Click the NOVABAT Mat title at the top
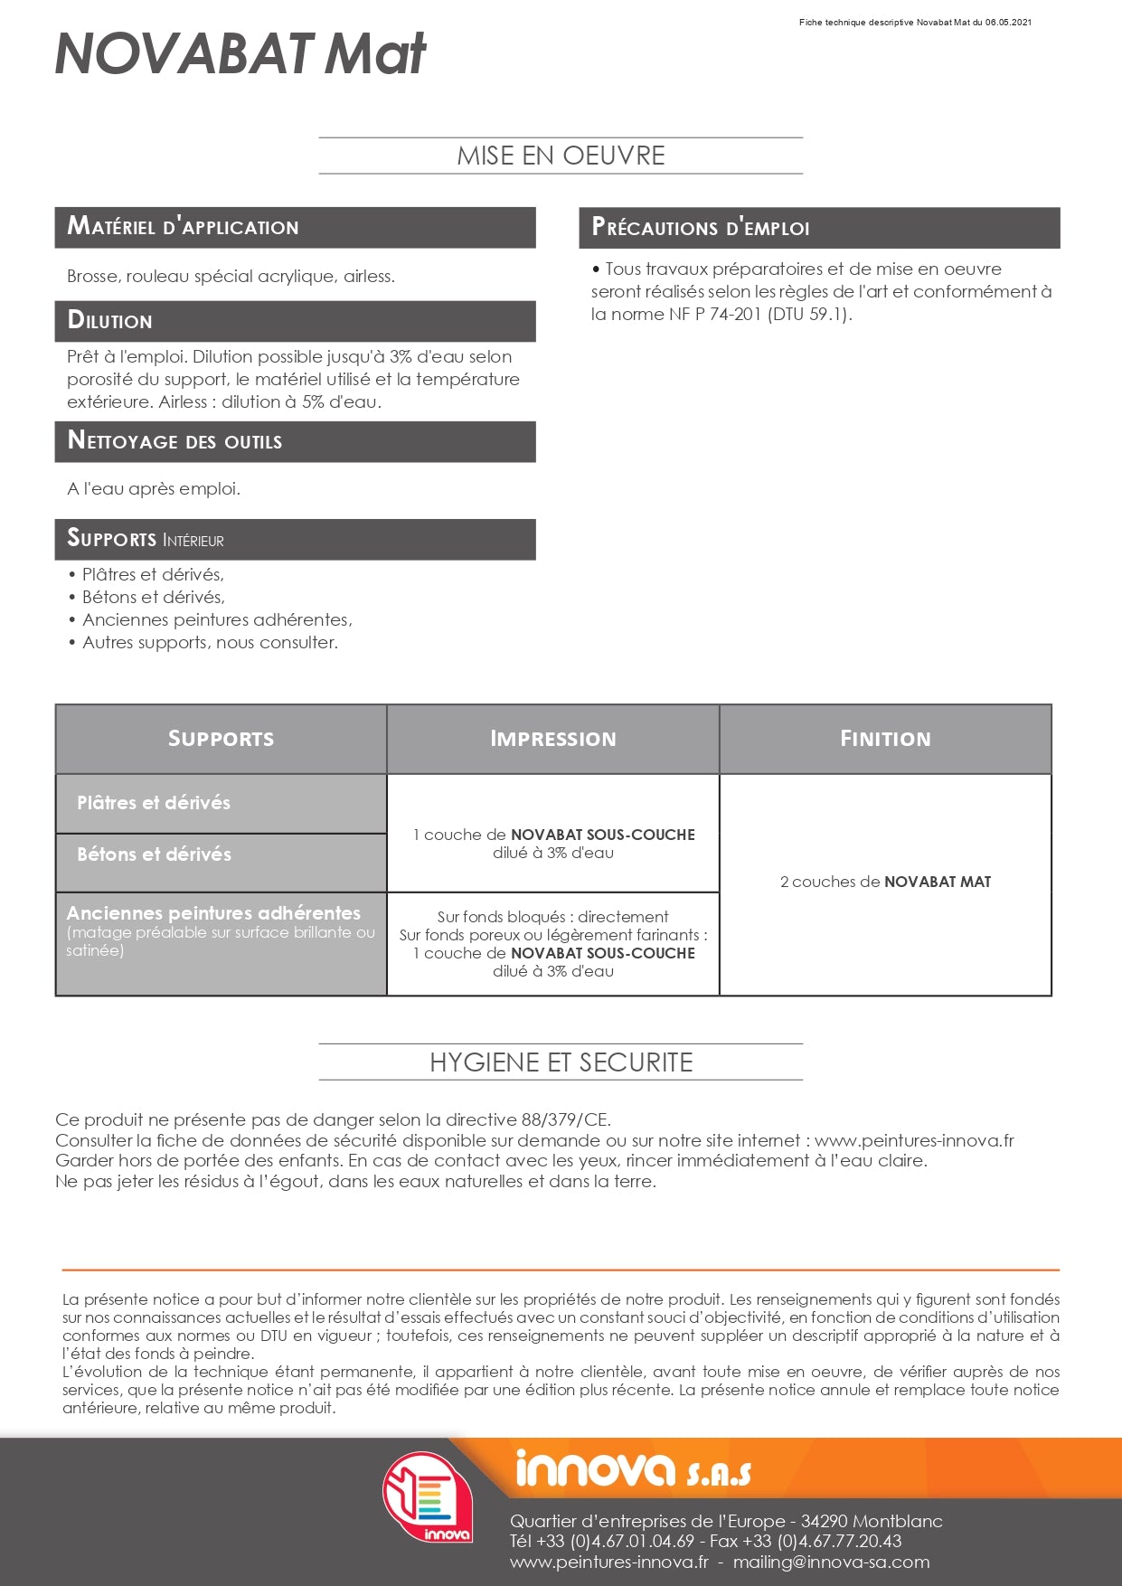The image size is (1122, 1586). [x=240, y=54]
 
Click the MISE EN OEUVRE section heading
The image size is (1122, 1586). [x=561, y=156]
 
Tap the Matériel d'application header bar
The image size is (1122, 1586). [x=295, y=227]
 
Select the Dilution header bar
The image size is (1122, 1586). [x=295, y=321]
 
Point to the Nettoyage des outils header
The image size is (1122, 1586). [x=295, y=441]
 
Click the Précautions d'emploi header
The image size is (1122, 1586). [x=818, y=228]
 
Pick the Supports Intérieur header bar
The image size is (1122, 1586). [x=295, y=539]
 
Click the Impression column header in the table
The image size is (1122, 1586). [x=552, y=739]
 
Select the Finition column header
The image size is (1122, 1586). [x=885, y=739]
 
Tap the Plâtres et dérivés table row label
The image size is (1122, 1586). [x=154, y=803]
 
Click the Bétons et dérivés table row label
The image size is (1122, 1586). [x=155, y=854]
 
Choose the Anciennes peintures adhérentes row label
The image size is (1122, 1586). [x=213, y=913]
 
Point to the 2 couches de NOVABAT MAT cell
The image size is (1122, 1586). [x=885, y=882]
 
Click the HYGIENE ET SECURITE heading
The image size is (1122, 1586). [x=561, y=1062]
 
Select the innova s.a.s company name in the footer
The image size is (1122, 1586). [x=632, y=1469]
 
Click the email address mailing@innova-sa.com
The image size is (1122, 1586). [x=831, y=1562]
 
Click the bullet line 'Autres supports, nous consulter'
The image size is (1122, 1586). [x=210, y=643]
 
